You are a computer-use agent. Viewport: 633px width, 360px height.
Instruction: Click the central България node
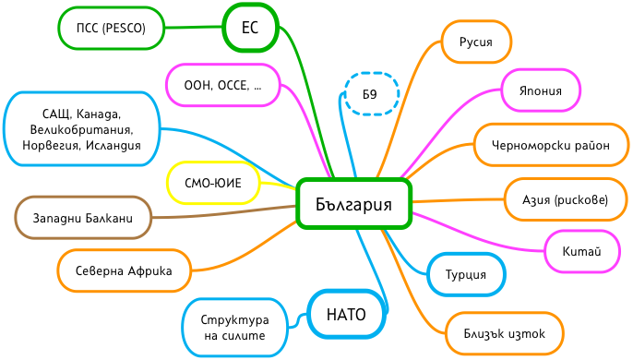[x=353, y=204]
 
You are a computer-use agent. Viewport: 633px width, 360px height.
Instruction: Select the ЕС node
[x=250, y=28]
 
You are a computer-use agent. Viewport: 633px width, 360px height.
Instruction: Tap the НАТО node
[x=346, y=315]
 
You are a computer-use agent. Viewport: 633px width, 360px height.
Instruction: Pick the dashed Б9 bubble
[x=370, y=94]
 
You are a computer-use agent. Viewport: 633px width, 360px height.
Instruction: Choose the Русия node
[x=475, y=42]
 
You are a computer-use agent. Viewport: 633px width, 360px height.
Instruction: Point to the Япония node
[x=542, y=90]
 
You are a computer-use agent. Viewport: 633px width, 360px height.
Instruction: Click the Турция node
[x=467, y=275]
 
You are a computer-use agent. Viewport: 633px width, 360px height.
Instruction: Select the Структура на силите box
[x=235, y=327]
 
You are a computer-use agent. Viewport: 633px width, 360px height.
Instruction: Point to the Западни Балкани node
[x=82, y=219]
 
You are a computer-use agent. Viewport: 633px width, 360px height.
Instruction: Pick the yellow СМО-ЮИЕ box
[x=212, y=183]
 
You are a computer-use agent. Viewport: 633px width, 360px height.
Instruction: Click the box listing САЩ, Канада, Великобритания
[x=81, y=129]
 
